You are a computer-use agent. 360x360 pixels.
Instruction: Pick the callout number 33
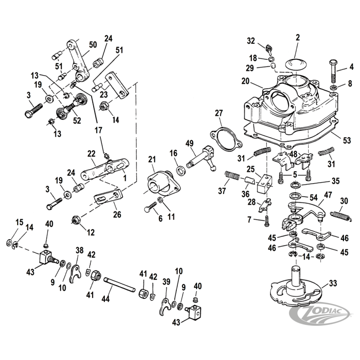coord(333,283)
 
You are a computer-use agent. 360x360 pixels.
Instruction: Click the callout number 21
coord(152,159)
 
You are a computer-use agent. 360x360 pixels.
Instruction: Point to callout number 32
coord(251,40)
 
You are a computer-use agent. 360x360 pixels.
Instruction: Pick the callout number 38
coord(80,250)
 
